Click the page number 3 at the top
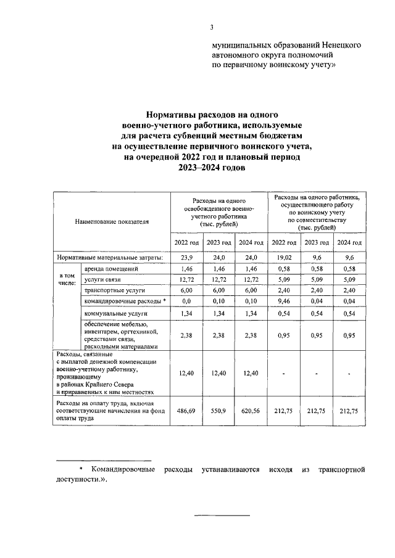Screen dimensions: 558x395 211,27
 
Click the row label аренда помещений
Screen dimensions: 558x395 106,269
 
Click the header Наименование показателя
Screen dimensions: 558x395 112,221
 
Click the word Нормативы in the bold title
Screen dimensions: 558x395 170,115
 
